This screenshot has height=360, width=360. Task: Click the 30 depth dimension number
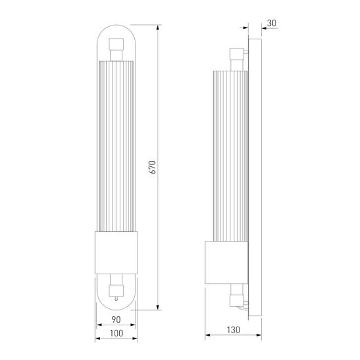[272, 23]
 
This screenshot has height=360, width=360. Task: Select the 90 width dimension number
[115, 320]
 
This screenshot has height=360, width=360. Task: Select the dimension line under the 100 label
[115, 340]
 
